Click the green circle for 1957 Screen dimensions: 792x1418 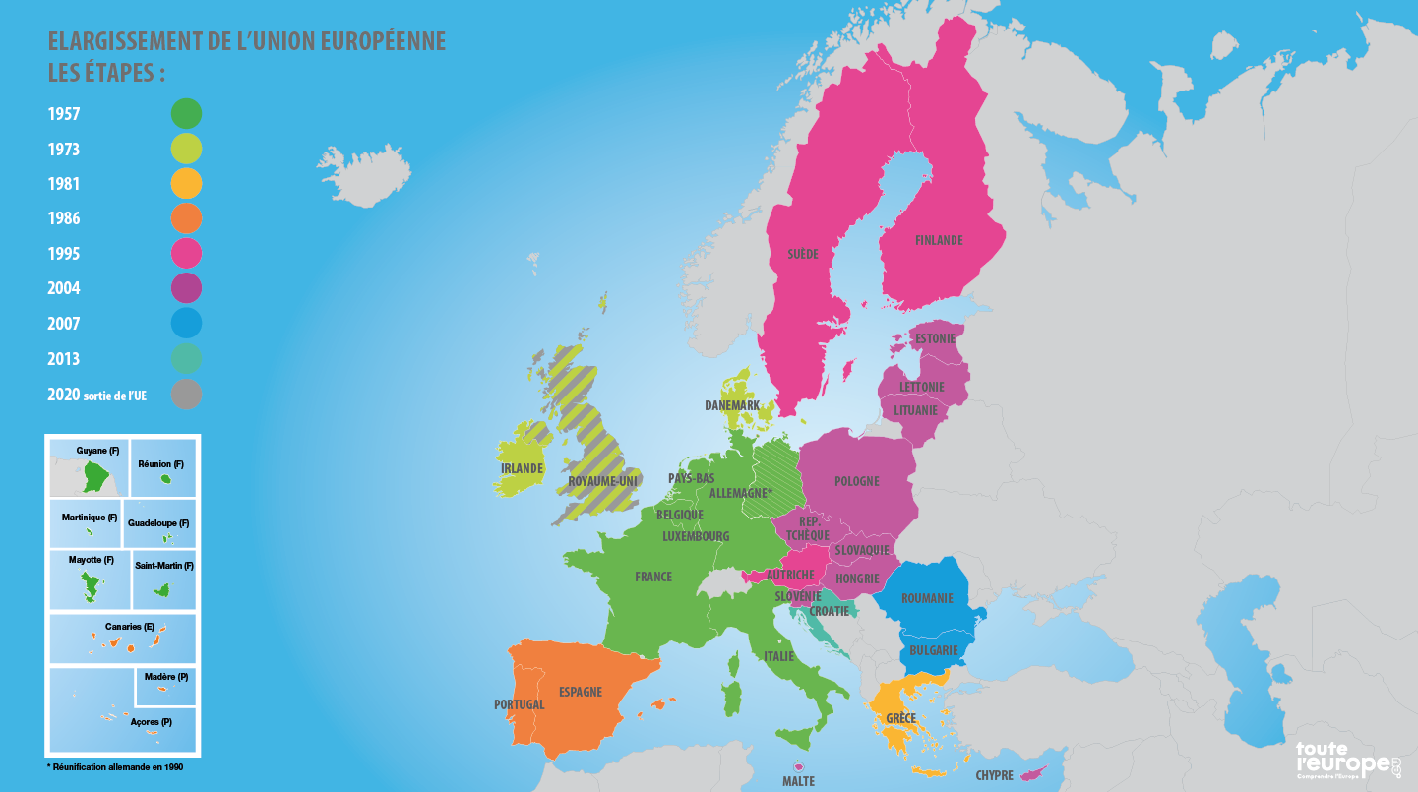186,114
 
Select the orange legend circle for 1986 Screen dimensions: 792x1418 186,218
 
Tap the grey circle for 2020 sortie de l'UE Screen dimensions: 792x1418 186,395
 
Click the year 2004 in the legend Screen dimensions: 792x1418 64,289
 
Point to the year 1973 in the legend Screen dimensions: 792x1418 64,150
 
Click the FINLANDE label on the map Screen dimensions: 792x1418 939,241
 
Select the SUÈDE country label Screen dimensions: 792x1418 802,254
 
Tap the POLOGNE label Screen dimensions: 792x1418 856,481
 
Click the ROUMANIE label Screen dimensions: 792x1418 927,598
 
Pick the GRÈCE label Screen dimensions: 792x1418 900,718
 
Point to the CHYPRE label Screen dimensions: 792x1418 994,776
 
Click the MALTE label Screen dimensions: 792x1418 798,781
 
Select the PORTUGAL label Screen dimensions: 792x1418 519,704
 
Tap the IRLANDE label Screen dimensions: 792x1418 522,468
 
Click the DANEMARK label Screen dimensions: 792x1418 732,405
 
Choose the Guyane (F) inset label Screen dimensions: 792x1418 97,451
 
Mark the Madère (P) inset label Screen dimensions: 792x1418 165,677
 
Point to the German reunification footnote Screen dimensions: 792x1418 115,767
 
